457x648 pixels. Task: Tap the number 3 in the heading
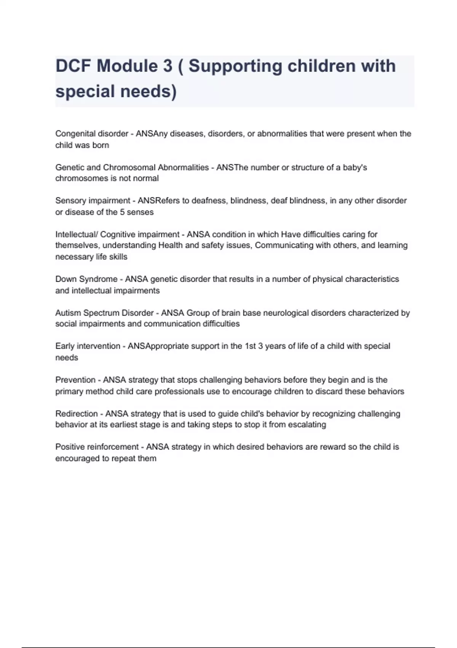[168, 66]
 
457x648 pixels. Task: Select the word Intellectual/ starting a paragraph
[76, 234]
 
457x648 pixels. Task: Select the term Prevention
[75, 380]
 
